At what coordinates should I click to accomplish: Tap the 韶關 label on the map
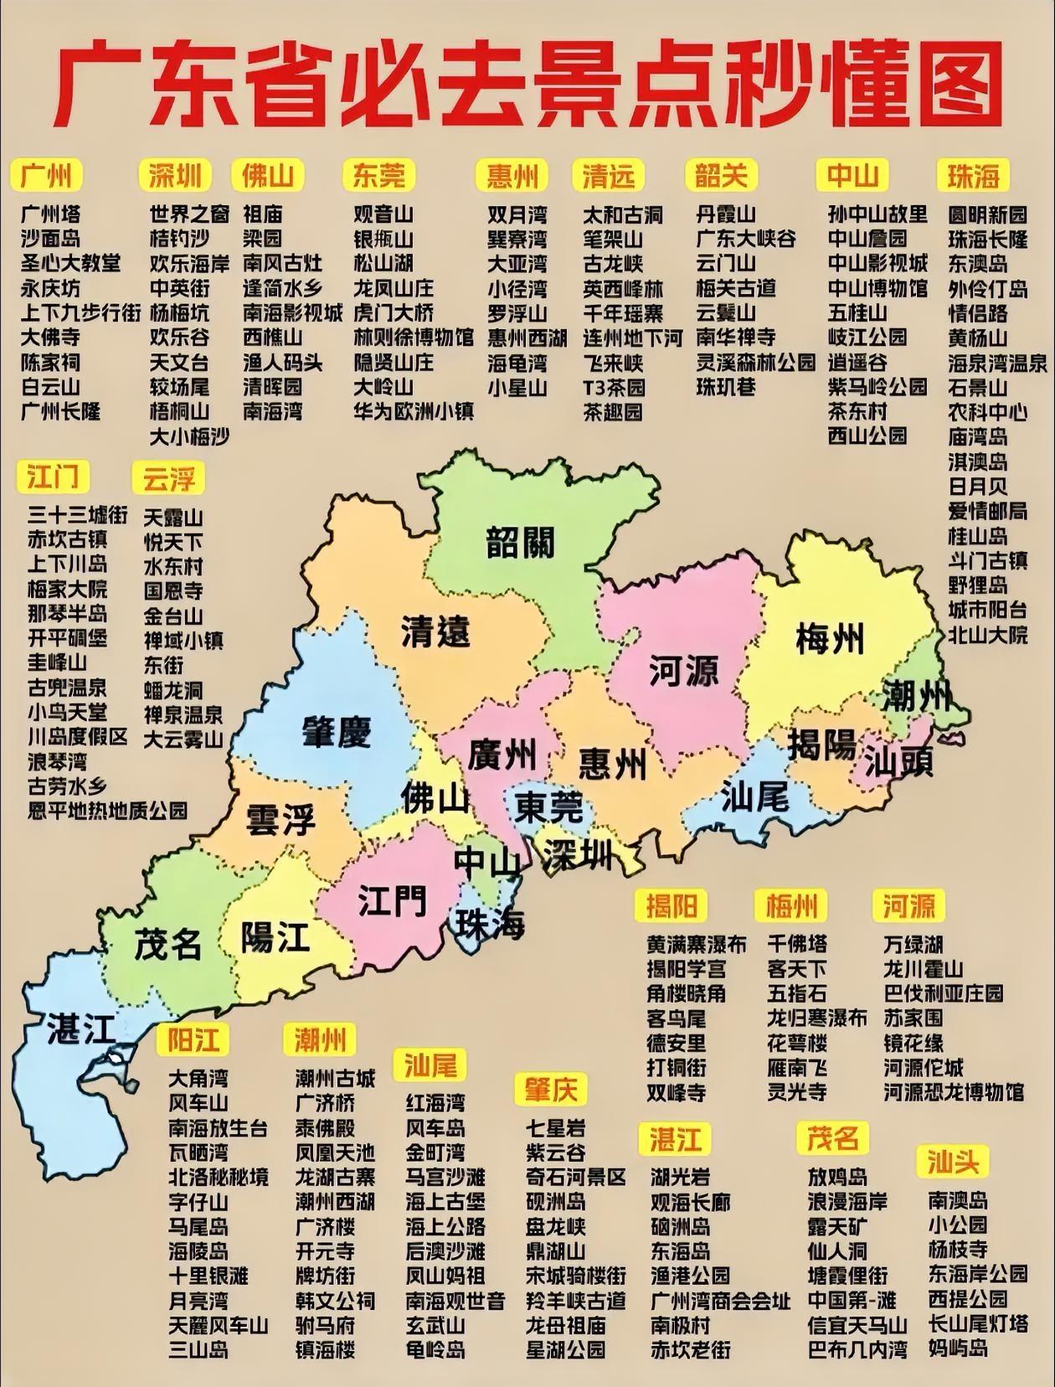pos(520,543)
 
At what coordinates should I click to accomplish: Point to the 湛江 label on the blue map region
pos(80,1028)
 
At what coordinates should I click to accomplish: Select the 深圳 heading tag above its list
pos(175,175)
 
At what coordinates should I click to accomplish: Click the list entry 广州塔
pos(50,214)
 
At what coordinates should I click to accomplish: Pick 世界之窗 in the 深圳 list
pos(189,214)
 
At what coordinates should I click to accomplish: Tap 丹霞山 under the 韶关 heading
pos(725,214)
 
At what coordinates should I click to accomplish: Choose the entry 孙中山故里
pos(877,214)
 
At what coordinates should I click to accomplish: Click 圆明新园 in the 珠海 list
pos(987,214)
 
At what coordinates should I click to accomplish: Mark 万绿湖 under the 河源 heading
pos(913,945)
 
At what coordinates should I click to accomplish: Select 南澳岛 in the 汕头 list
pos(958,1200)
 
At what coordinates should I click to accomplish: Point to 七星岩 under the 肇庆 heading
pos(555,1127)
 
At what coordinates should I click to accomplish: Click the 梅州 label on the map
pos(828,640)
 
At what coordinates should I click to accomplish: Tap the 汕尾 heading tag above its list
pos(430,1065)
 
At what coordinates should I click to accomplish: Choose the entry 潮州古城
pos(335,1078)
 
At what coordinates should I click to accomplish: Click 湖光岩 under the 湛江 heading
pos(680,1177)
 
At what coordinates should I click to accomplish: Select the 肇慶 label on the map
pos(337,732)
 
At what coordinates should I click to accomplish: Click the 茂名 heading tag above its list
pos(832,1138)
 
